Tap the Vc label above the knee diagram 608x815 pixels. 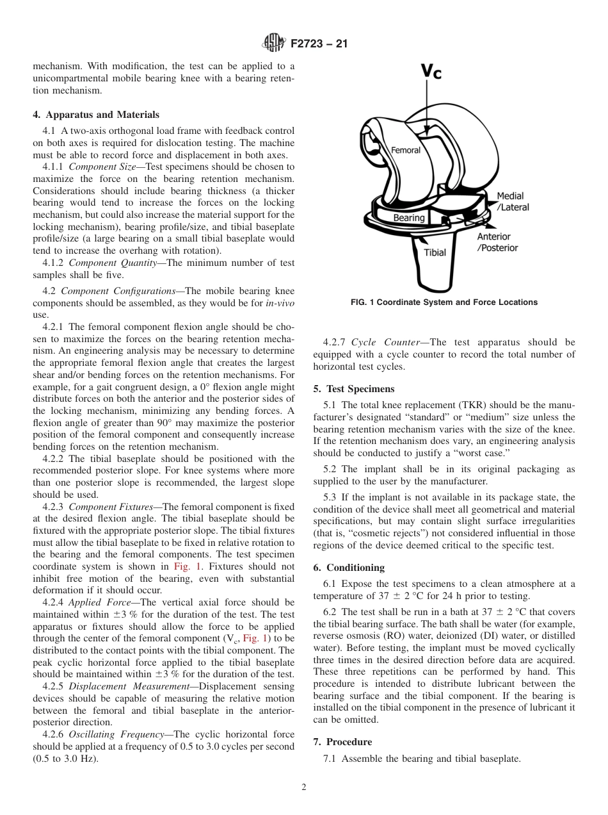point(431,71)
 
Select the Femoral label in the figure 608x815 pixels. point(406,150)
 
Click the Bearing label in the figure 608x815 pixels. point(409,218)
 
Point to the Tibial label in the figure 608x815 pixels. point(435,252)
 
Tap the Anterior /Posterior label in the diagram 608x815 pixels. point(497,242)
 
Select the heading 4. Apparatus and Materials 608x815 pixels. point(96,115)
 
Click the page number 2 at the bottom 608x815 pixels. point(304,787)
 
